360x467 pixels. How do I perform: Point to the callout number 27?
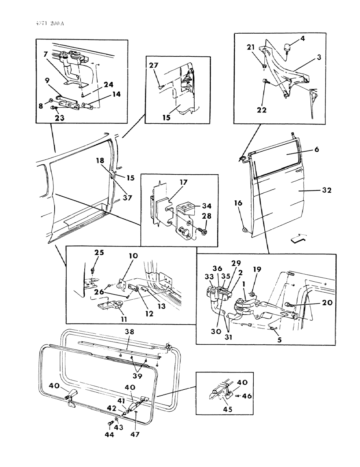pyautogui.click(x=154, y=65)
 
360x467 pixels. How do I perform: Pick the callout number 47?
pyautogui.click(x=136, y=434)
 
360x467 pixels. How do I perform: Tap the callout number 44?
pyautogui.click(x=109, y=435)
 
